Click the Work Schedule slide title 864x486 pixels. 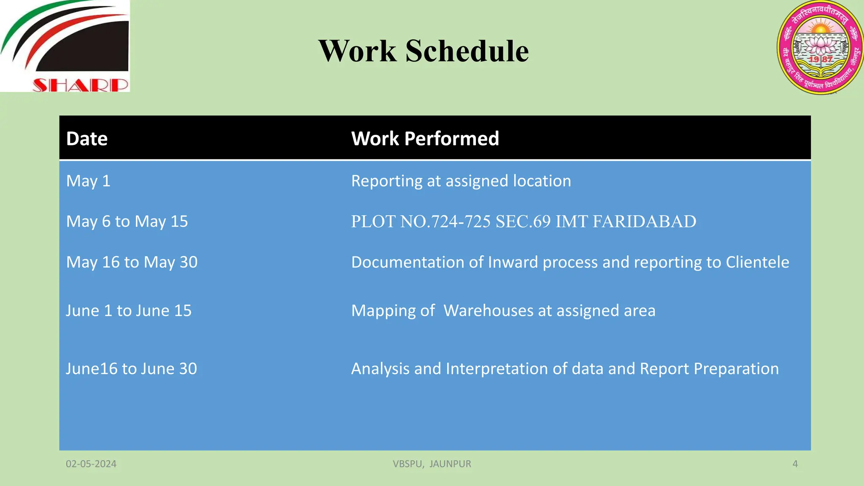tap(423, 51)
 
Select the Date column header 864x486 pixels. tap(87, 139)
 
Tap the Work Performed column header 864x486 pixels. tap(425, 139)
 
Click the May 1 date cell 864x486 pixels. tap(88, 181)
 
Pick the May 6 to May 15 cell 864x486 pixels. tap(127, 221)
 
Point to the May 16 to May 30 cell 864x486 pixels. tap(132, 262)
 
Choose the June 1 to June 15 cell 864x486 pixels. tap(129, 311)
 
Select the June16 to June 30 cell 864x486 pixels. tap(131, 369)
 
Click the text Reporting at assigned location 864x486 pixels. tap(461, 181)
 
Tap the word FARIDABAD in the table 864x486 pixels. tap(644, 221)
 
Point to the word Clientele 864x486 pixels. tap(757, 262)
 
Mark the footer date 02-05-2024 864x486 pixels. tap(91, 464)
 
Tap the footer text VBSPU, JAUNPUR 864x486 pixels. tap(432, 464)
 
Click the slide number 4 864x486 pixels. tap(795, 464)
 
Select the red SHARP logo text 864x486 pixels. tap(80, 85)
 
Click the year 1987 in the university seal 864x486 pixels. tap(821, 59)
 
